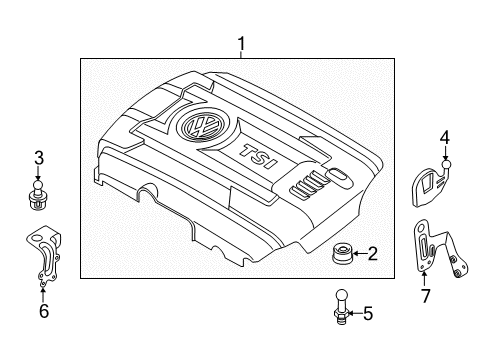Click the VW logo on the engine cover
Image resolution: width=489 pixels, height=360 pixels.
(202, 125)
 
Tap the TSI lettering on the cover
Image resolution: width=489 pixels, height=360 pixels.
(258, 156)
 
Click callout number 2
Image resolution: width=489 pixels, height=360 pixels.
(372, 254)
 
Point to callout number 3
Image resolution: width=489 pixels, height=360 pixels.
(39, 158)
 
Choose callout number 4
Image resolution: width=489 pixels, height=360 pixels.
(445, 138)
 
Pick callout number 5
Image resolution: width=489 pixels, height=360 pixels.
(368, 314)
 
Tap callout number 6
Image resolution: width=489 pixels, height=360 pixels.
(44, 311)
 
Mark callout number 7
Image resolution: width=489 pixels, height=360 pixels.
(425, 296)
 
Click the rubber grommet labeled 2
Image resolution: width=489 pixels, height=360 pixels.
(342, 253)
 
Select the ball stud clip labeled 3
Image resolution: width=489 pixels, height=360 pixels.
(38, 195)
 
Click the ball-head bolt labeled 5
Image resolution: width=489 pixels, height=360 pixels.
(342, 307)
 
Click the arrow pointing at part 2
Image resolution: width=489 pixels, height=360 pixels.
(359, 254)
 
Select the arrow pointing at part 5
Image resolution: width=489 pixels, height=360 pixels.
(356, 313)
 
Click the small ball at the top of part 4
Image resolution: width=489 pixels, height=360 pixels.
(446, 164)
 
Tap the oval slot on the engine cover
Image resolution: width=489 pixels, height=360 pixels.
(339, 176)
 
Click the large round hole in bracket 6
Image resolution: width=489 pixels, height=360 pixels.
(37, 238)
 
